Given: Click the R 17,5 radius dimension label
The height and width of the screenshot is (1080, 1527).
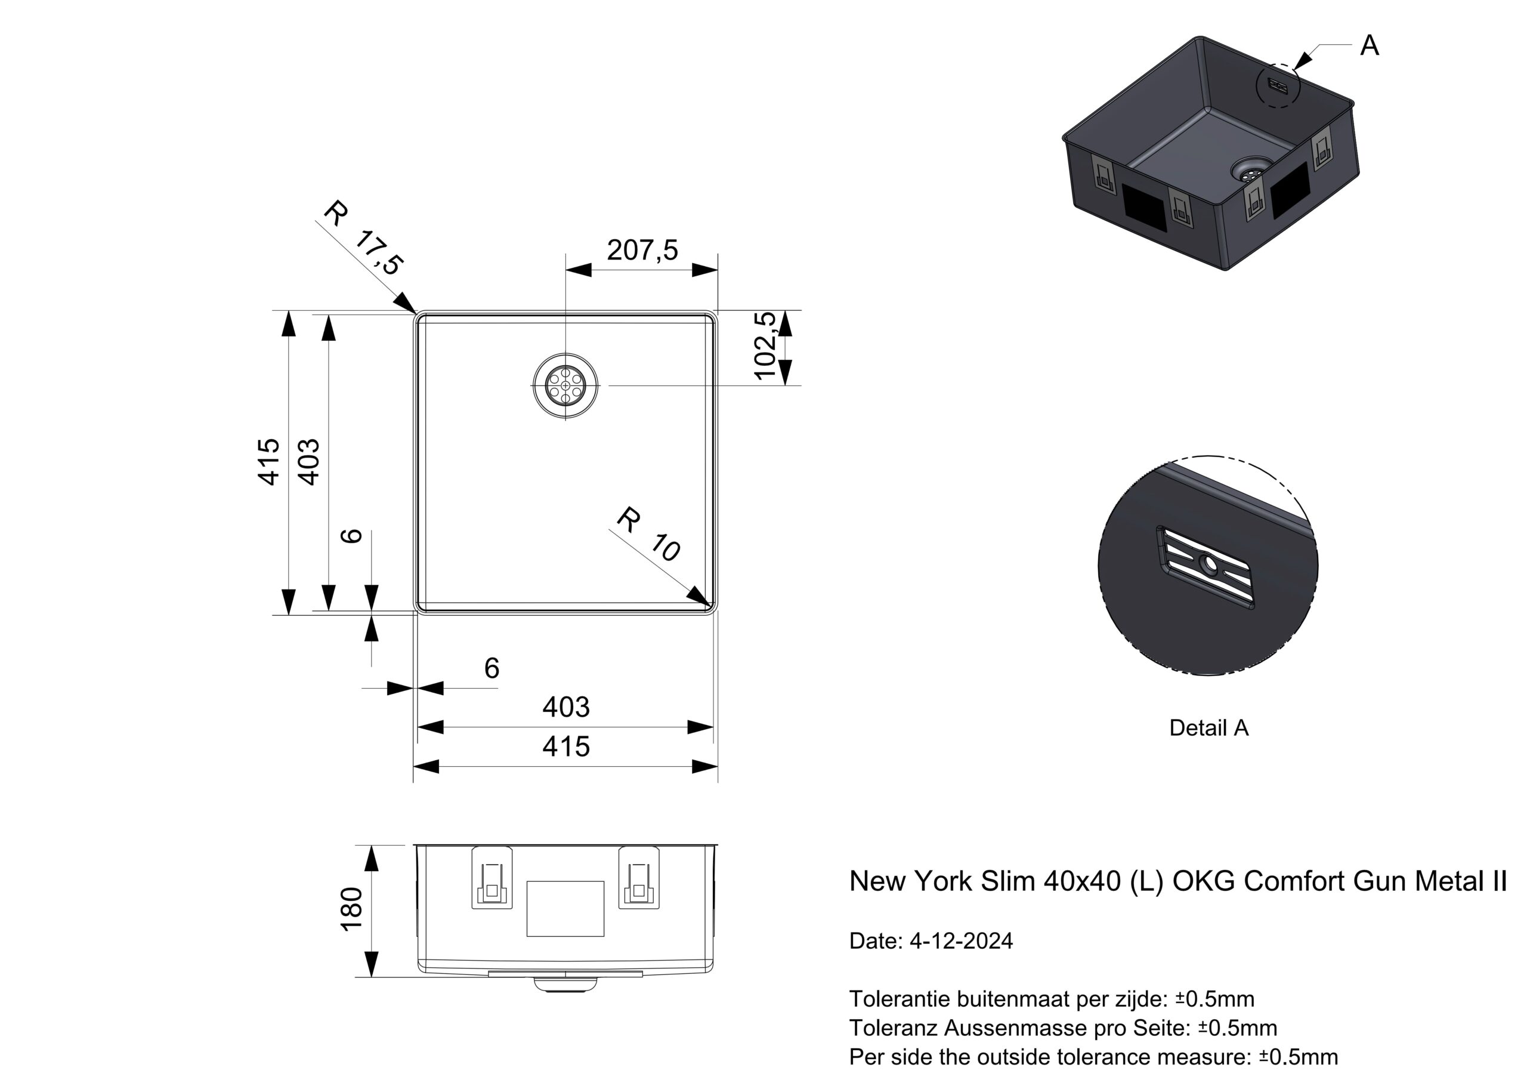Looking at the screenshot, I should tap(363, 238).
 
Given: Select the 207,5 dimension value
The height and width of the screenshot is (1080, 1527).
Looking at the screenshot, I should tap(642, 250).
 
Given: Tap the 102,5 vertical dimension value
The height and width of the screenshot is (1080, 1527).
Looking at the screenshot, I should tap(765, 345).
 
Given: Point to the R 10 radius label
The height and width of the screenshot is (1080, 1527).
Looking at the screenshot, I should tap(648, 535).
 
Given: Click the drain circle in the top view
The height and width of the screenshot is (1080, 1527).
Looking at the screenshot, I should tap(565, 385).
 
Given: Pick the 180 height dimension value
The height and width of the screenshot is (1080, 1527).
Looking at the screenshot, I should tap(351, 909).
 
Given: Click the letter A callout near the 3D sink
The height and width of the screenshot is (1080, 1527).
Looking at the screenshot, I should tap(1369, 46).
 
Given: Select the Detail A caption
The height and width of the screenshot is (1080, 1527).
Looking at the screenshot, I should tap(1208, 728).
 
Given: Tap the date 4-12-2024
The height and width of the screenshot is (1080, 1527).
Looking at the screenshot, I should tap(961, 941).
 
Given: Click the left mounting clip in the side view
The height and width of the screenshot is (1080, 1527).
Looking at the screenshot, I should tap(492, 878).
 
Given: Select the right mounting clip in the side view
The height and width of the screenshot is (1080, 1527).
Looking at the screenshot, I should tap(638, 878).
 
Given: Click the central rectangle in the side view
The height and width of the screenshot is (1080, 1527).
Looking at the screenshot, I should tap(565, 909).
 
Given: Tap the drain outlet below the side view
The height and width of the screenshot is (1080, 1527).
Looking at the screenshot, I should tap(565, 984).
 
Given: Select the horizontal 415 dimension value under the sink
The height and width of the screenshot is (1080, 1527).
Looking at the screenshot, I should tap(566, 746).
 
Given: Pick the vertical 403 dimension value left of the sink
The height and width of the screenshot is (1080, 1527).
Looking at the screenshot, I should tap(308, 462).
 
